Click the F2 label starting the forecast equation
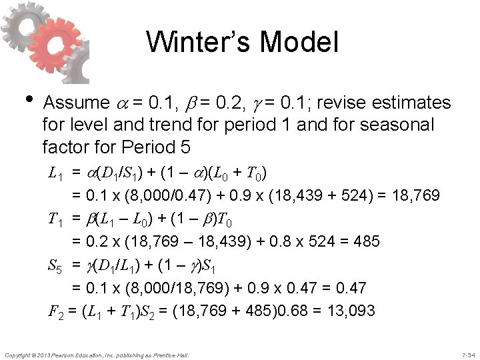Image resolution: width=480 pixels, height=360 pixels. point(56,310)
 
